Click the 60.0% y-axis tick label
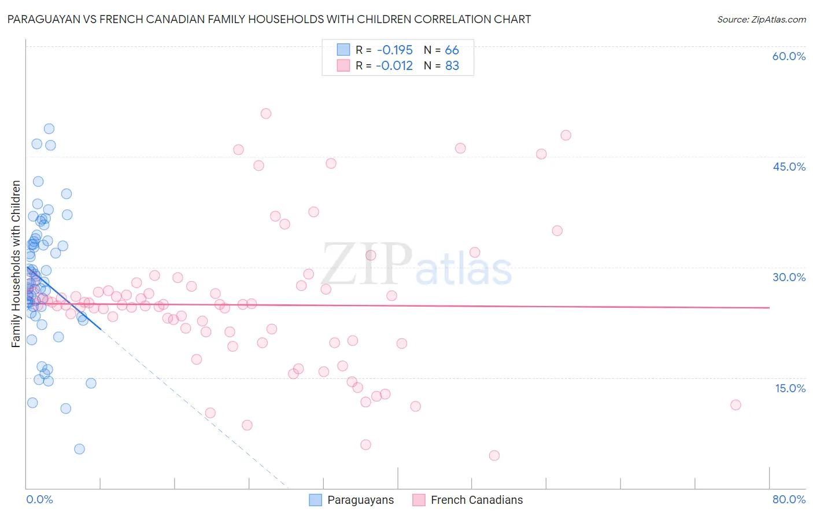pyautogui.click(x=789, y=56)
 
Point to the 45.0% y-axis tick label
pyautogui.click(x=789, y=167)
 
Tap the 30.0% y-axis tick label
pyautogui.click(x=789, y=277)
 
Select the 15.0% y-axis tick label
pyautogui.click(x=790, y=388)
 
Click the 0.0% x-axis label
pyautogui.click(x=39, y=499)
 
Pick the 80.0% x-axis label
pyautogui.click(x=789, y=499)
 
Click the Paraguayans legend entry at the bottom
pyautogui.click(x=352, y=500)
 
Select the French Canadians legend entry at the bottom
pyautogui.click(x=467, y=500)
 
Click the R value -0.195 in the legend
pyautogui.click(x=394, y=50)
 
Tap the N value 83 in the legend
pyautogui.click(x=452, y=66)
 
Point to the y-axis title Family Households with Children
pyautogui.click(x=16, y=264)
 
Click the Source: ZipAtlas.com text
pyautogui.click(x=761, y=20)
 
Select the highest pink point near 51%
pyautogui.click(x=266, y=113)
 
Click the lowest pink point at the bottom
pyautogui.click(x=494, y=455)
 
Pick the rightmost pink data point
pyautogui.click(x=736, y=405)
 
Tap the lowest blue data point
pyautogui.click(x=79, y=449)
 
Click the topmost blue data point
pyautogui.click(x=49, y=128)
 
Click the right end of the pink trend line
pyautogui.click(x=769, y=308)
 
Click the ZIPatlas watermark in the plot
pyautogui.click(x=416, y=266)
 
